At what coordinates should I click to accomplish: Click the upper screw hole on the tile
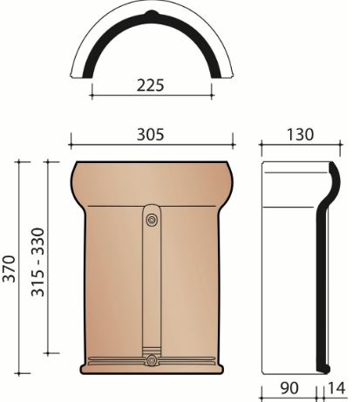coord(153,220)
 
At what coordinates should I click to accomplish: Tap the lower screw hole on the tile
coord(153,360)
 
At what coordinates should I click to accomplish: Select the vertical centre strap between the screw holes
coord(153,288)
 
